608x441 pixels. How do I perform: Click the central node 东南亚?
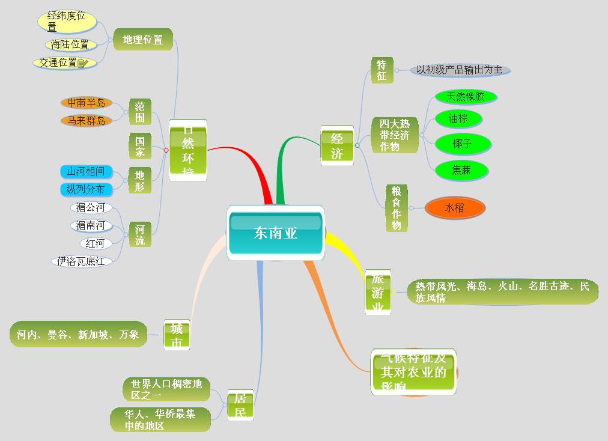(276, 233)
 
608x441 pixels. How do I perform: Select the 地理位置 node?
(143, 40)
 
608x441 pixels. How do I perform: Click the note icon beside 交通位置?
(82, 63)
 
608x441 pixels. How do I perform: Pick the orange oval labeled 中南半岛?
(87, 103)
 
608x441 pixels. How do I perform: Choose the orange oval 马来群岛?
(87, 121)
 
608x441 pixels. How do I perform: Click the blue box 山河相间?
(86, 172)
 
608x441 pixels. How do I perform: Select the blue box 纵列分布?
(86, 190)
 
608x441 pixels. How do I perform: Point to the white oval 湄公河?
(91, 208)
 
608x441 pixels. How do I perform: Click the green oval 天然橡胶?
(465, 97)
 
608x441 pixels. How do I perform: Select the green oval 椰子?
(463, 144)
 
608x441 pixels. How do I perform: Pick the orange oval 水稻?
(454, 208)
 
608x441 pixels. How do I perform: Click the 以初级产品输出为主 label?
(460, 70)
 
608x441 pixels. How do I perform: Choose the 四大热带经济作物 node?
(394, 135)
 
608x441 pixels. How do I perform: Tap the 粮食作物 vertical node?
(397, 208)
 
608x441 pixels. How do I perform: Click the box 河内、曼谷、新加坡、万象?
(78, 334)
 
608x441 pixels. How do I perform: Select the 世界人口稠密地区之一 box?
(166, 389)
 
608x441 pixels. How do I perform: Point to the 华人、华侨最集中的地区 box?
(160, 419)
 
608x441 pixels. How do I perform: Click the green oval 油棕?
(458, 119)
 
